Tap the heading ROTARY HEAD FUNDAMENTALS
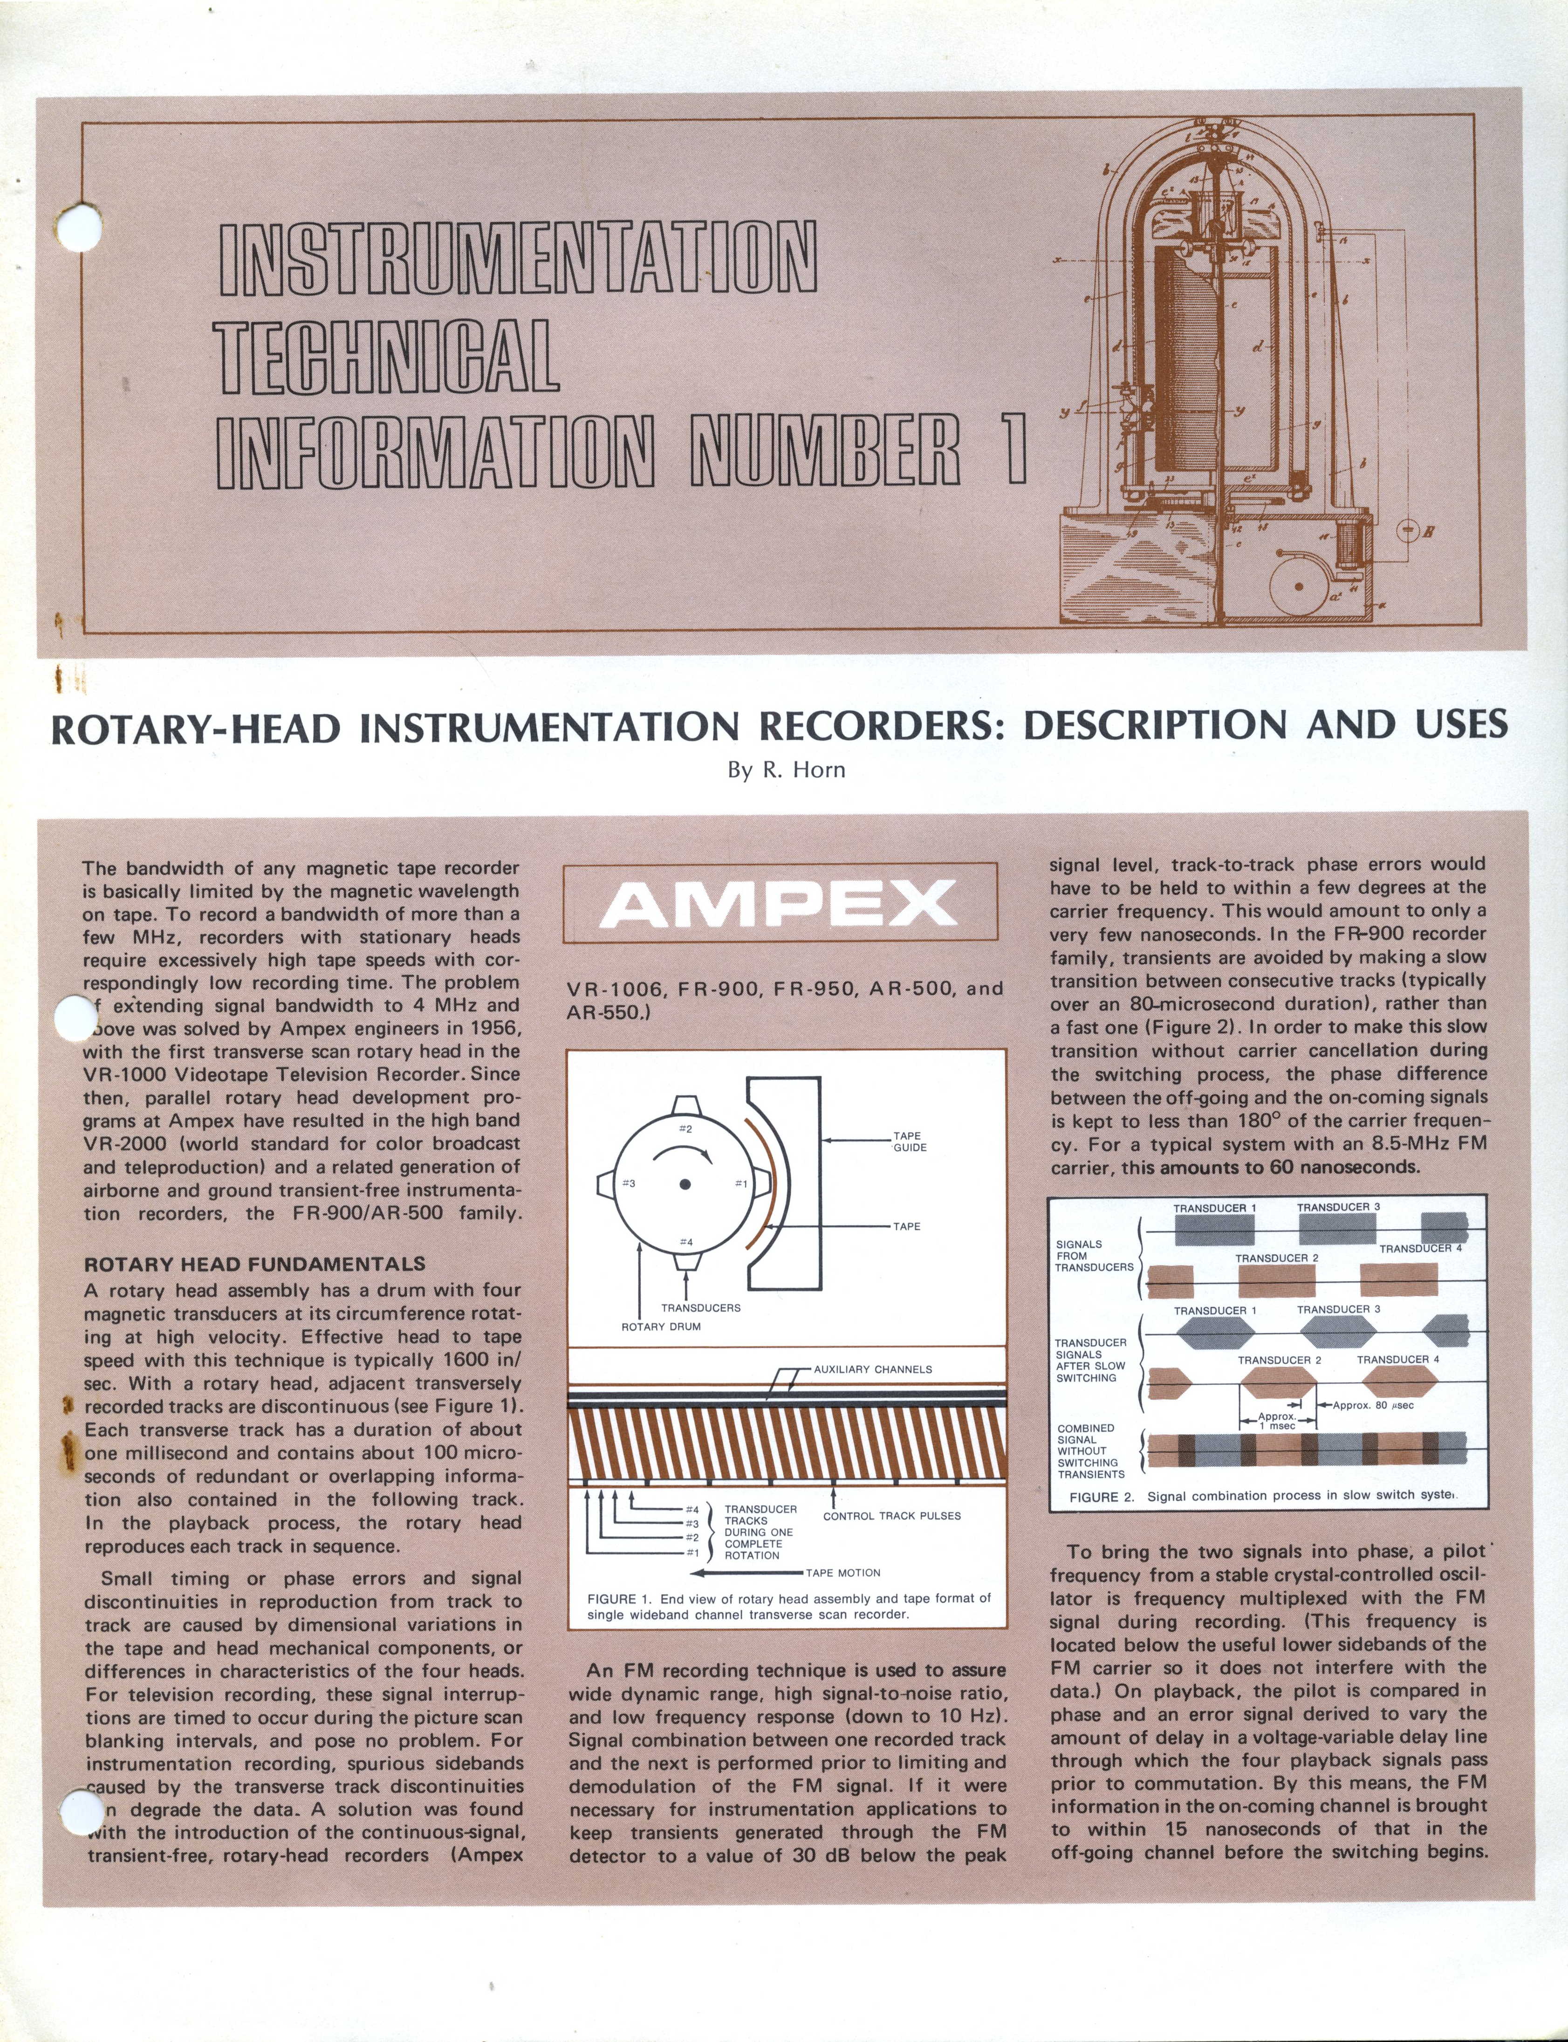(255, 1264)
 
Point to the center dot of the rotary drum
(685, 1184)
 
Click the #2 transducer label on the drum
(685, 1128)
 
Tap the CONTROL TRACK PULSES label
(891, 1515)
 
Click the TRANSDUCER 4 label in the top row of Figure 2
(1421, 1248)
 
